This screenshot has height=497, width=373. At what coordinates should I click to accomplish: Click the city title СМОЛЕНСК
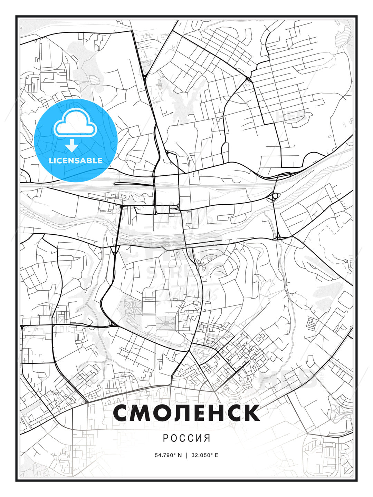186,413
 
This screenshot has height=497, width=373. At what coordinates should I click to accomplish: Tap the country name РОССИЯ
186,438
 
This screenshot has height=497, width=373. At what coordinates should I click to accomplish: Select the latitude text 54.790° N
168,455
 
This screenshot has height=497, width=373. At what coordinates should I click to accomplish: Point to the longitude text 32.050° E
206,455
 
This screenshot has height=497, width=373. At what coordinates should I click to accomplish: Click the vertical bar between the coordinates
187,455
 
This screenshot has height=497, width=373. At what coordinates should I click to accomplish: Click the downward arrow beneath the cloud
72,146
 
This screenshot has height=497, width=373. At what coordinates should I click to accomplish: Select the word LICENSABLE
76,161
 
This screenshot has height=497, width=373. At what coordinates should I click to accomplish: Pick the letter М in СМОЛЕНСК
143,413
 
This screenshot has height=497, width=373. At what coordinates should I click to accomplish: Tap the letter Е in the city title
200,413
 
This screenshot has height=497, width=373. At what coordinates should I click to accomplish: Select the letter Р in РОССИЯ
165,438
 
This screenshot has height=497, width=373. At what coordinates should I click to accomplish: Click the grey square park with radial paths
166,324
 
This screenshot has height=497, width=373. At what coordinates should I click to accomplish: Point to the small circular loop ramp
275,196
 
